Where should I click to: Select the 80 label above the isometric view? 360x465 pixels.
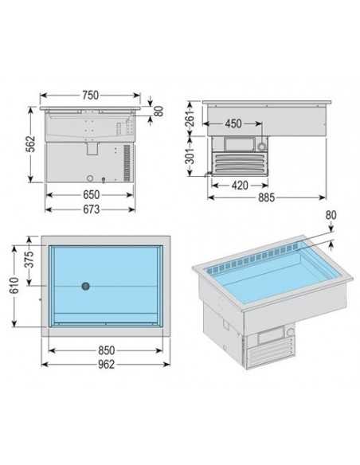click(331, 215)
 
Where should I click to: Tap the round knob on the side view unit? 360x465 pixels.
click(260, 146)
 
